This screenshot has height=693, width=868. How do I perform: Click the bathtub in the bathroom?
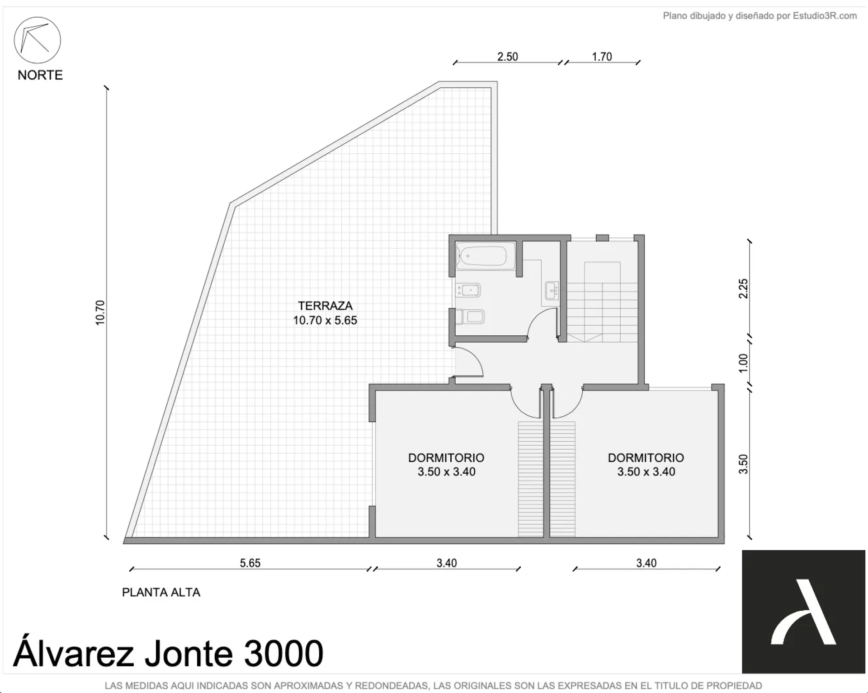click(486, 256)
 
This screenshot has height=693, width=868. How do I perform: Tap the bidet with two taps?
click(468, 290)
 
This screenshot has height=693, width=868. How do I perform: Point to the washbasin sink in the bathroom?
click(552, 290)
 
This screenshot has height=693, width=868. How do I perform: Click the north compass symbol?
click(38, 40)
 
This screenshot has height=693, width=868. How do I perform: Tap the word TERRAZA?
click(325, 306)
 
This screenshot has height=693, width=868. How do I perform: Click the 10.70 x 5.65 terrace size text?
click(325, 321)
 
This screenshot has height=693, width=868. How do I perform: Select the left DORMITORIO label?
click(446, 458)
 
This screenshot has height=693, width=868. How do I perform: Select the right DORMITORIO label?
click(646, 458)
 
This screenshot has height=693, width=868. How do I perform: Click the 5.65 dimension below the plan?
click(250, 563)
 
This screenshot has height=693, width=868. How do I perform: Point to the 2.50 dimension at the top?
click(507, 57)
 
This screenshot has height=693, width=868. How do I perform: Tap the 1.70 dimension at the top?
click(602, 57)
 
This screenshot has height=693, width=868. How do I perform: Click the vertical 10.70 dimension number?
click(100, 312)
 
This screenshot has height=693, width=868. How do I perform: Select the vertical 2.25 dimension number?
click(743, 288)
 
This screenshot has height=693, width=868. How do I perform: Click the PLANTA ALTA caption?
click(161, 592)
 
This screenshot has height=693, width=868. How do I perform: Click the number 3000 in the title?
click(283, 653)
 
